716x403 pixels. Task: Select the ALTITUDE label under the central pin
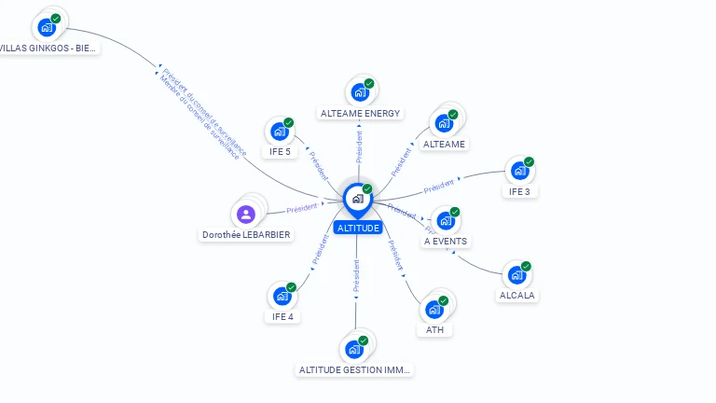358,228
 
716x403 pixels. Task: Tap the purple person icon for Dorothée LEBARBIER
246,215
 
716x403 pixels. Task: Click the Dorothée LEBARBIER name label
246,235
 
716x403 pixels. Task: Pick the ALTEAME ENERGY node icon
359,92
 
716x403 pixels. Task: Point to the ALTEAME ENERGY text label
360,114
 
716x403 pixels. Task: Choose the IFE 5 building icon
279,132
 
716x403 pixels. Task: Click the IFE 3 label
518,191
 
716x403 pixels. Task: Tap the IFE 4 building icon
282,297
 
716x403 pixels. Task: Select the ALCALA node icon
516,275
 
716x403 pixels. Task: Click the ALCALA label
518,295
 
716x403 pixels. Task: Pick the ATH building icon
434,310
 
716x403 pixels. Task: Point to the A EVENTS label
446,241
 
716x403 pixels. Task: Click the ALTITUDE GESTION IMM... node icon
353,349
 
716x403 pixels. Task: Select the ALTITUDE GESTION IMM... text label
354,369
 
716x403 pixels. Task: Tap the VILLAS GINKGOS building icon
46,27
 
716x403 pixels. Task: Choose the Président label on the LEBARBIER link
302,208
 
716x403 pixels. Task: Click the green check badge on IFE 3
529,162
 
